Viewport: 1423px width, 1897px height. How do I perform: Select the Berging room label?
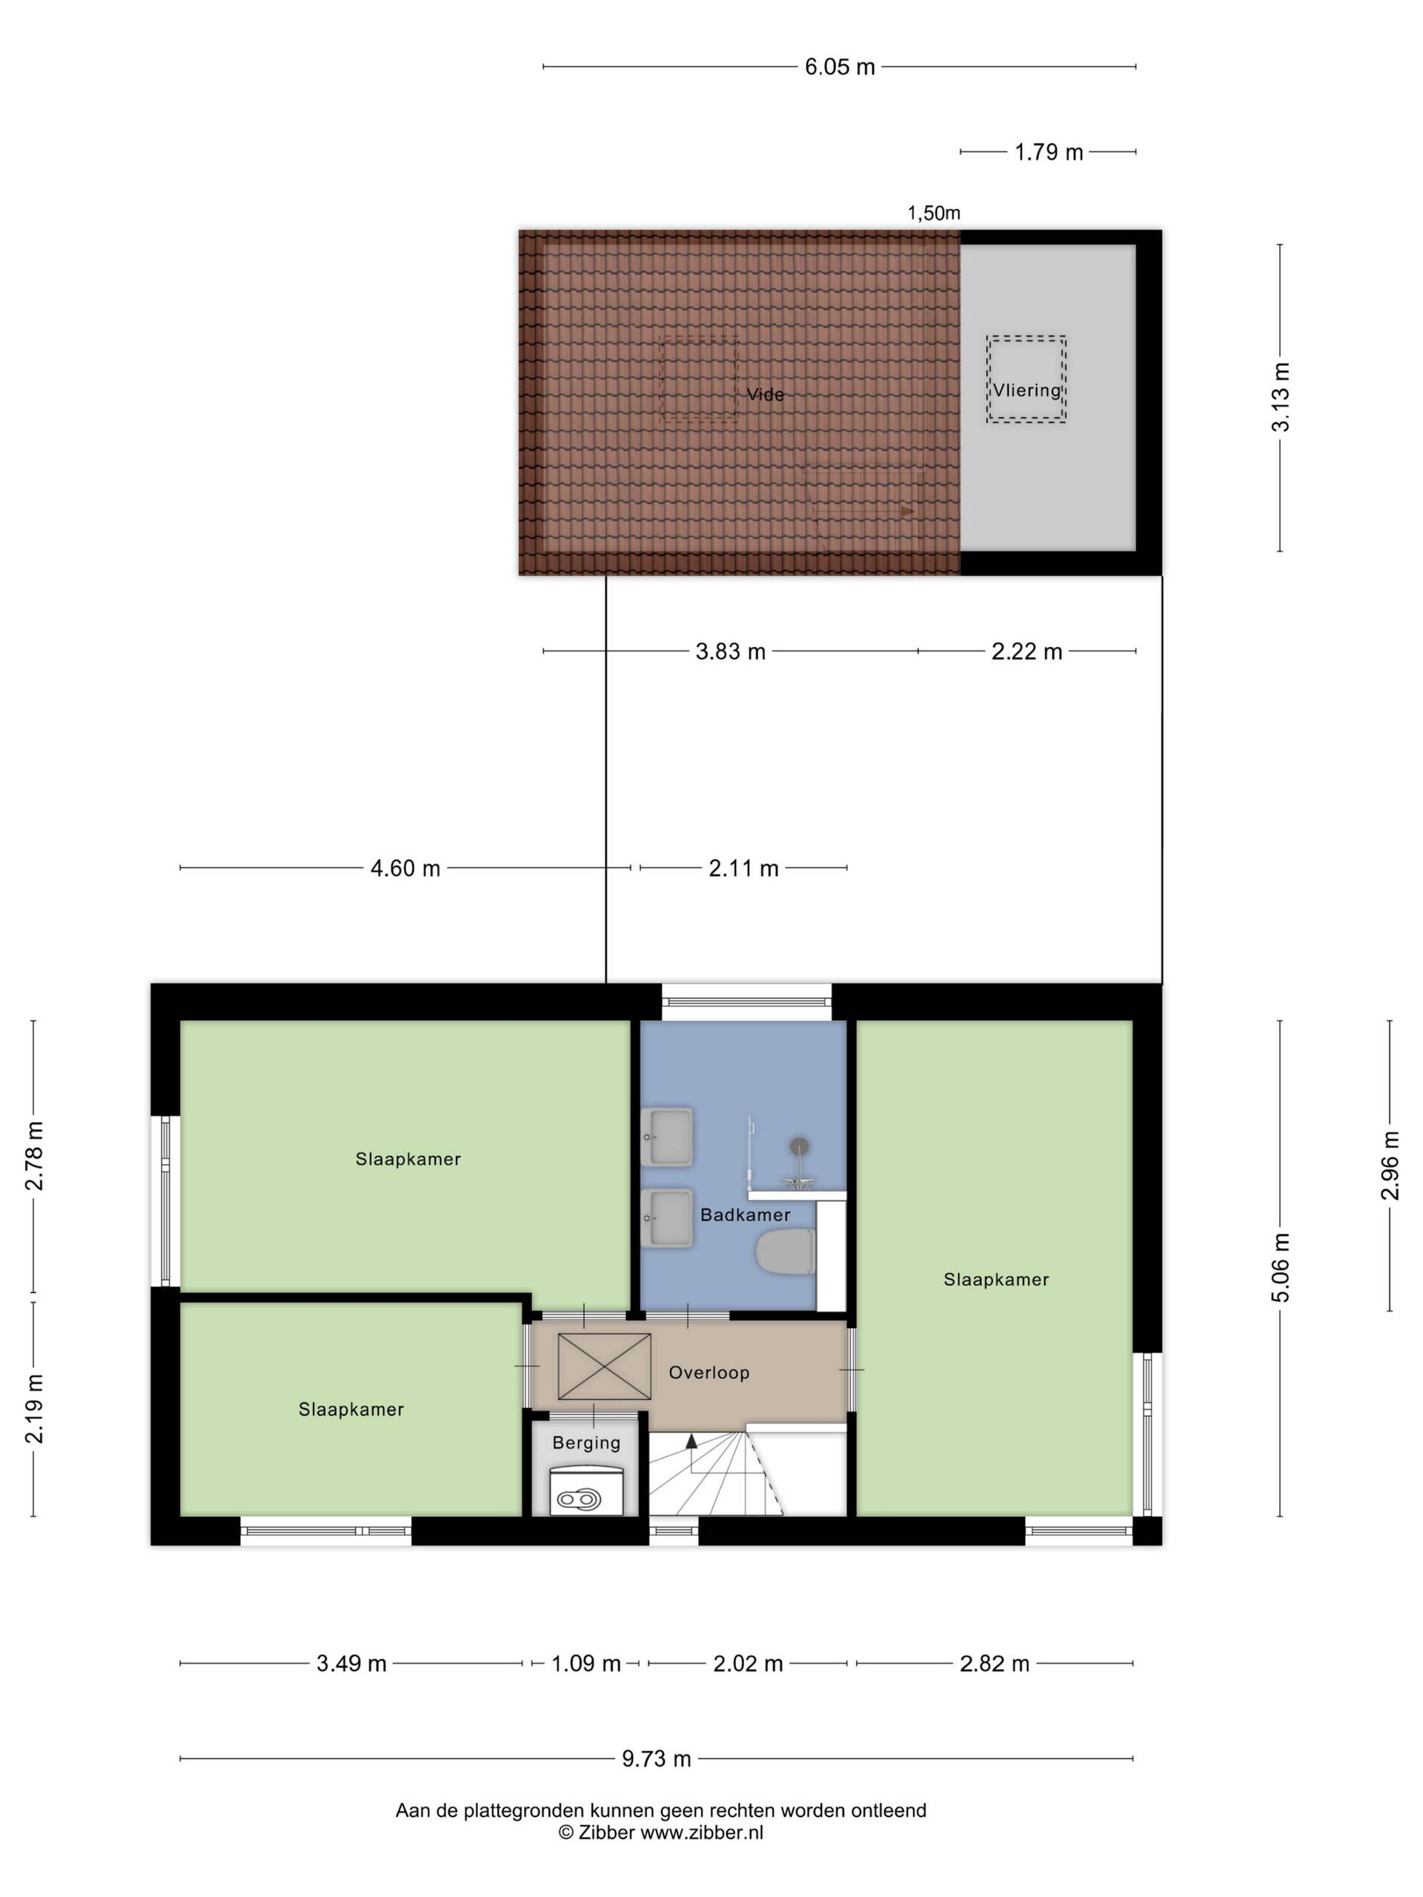pos(586,1443)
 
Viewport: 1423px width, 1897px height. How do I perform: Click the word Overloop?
pos(709,1372)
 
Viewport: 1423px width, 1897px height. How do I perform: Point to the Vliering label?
pos(1026,391)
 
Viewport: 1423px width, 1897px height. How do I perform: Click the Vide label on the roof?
pos(765,394)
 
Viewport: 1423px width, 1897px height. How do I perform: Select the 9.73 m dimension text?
pos(656,1759)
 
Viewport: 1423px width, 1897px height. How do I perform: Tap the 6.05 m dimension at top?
pos(840,67)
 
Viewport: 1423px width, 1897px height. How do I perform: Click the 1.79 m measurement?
pos(1048,152)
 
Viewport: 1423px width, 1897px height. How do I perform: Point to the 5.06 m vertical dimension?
pos(1280,1268)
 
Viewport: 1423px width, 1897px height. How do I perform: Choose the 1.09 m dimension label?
pos(586,1664)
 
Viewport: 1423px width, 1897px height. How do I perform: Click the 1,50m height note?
pos(934,213)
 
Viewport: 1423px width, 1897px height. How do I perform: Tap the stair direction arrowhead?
pos(691,1441)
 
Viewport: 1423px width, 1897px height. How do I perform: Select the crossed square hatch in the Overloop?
pos(605,1366)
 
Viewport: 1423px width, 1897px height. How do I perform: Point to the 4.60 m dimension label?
pos(405,868)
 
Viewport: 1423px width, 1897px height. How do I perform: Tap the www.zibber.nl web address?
pos(702,1833)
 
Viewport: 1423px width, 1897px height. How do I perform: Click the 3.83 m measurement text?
pos(730,651)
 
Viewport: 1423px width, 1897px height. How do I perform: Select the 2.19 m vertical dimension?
pos(33,1408)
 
